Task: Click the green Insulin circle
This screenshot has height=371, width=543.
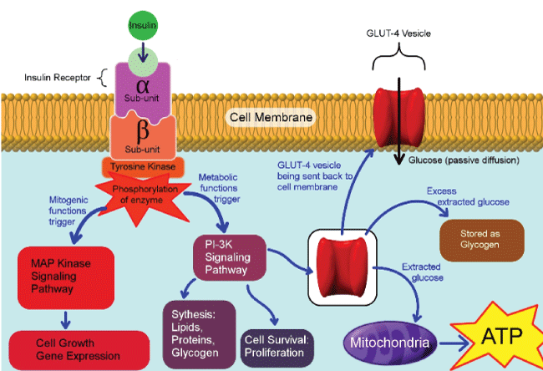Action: [x=143, y=25]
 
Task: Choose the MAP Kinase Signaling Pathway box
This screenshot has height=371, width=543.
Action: [x=56, y=277]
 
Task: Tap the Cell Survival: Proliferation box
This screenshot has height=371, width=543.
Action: [x=278, y=345]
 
